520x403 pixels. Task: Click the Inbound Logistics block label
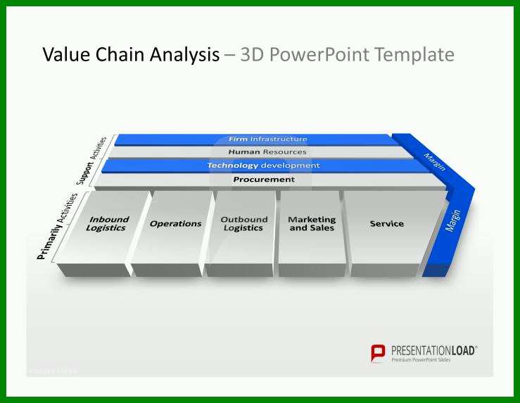point(107,224)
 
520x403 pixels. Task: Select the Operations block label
point(176,224)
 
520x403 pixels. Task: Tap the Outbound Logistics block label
point(243,224)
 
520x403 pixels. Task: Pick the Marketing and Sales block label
point(312,224)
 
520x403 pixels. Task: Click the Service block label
point(387,224)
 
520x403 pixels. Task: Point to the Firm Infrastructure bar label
point(268,139)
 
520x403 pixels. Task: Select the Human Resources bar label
point(267,152)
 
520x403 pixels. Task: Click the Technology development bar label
point(264,166)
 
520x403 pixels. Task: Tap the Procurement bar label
point(264,180)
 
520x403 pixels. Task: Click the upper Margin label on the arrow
point(434,161)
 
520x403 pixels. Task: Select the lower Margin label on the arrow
point(453,221)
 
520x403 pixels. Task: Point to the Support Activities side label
point(91,161)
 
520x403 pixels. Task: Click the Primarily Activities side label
point(57,226)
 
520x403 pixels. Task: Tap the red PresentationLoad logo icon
point(378,354)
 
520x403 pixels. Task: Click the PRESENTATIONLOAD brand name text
point(433,351)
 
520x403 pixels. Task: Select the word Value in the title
point(66,54)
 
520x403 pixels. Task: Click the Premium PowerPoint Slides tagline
point(421,360)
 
